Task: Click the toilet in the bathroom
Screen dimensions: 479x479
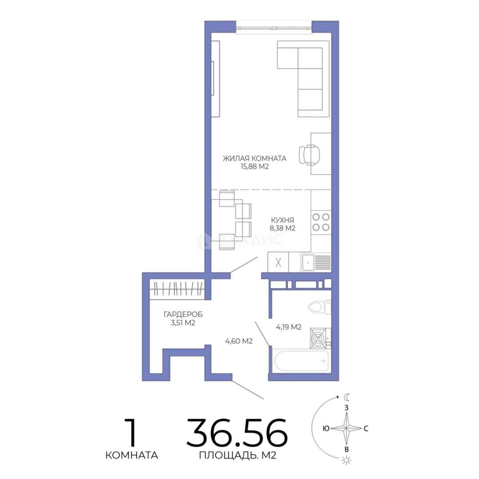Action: tap(319, 307)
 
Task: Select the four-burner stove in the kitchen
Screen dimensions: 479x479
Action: tap(321, 222)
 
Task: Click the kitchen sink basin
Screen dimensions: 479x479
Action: tap(308, 263)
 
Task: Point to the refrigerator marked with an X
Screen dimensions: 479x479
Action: tap(278, 262)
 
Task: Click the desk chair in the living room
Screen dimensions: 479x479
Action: tap(310, 155)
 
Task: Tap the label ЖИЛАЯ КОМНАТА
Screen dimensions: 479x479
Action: tap(255, 158)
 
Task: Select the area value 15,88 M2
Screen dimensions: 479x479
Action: tap(255, 166)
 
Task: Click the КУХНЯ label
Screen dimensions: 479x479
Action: tap(282, 220)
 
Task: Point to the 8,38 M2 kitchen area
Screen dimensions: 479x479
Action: tap(282, 228)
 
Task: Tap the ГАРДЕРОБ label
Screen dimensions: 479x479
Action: tap(183, 314)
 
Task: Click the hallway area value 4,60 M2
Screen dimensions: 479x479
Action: tap(239, 341)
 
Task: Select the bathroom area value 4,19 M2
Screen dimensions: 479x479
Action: tap(289, 327)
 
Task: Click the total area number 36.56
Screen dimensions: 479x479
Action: tap(237, 432)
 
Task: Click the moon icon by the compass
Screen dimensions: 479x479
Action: tap(347, 397)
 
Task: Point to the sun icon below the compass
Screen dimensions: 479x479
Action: tap(346, 460)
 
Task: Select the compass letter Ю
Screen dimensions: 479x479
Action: tap(326, 428)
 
